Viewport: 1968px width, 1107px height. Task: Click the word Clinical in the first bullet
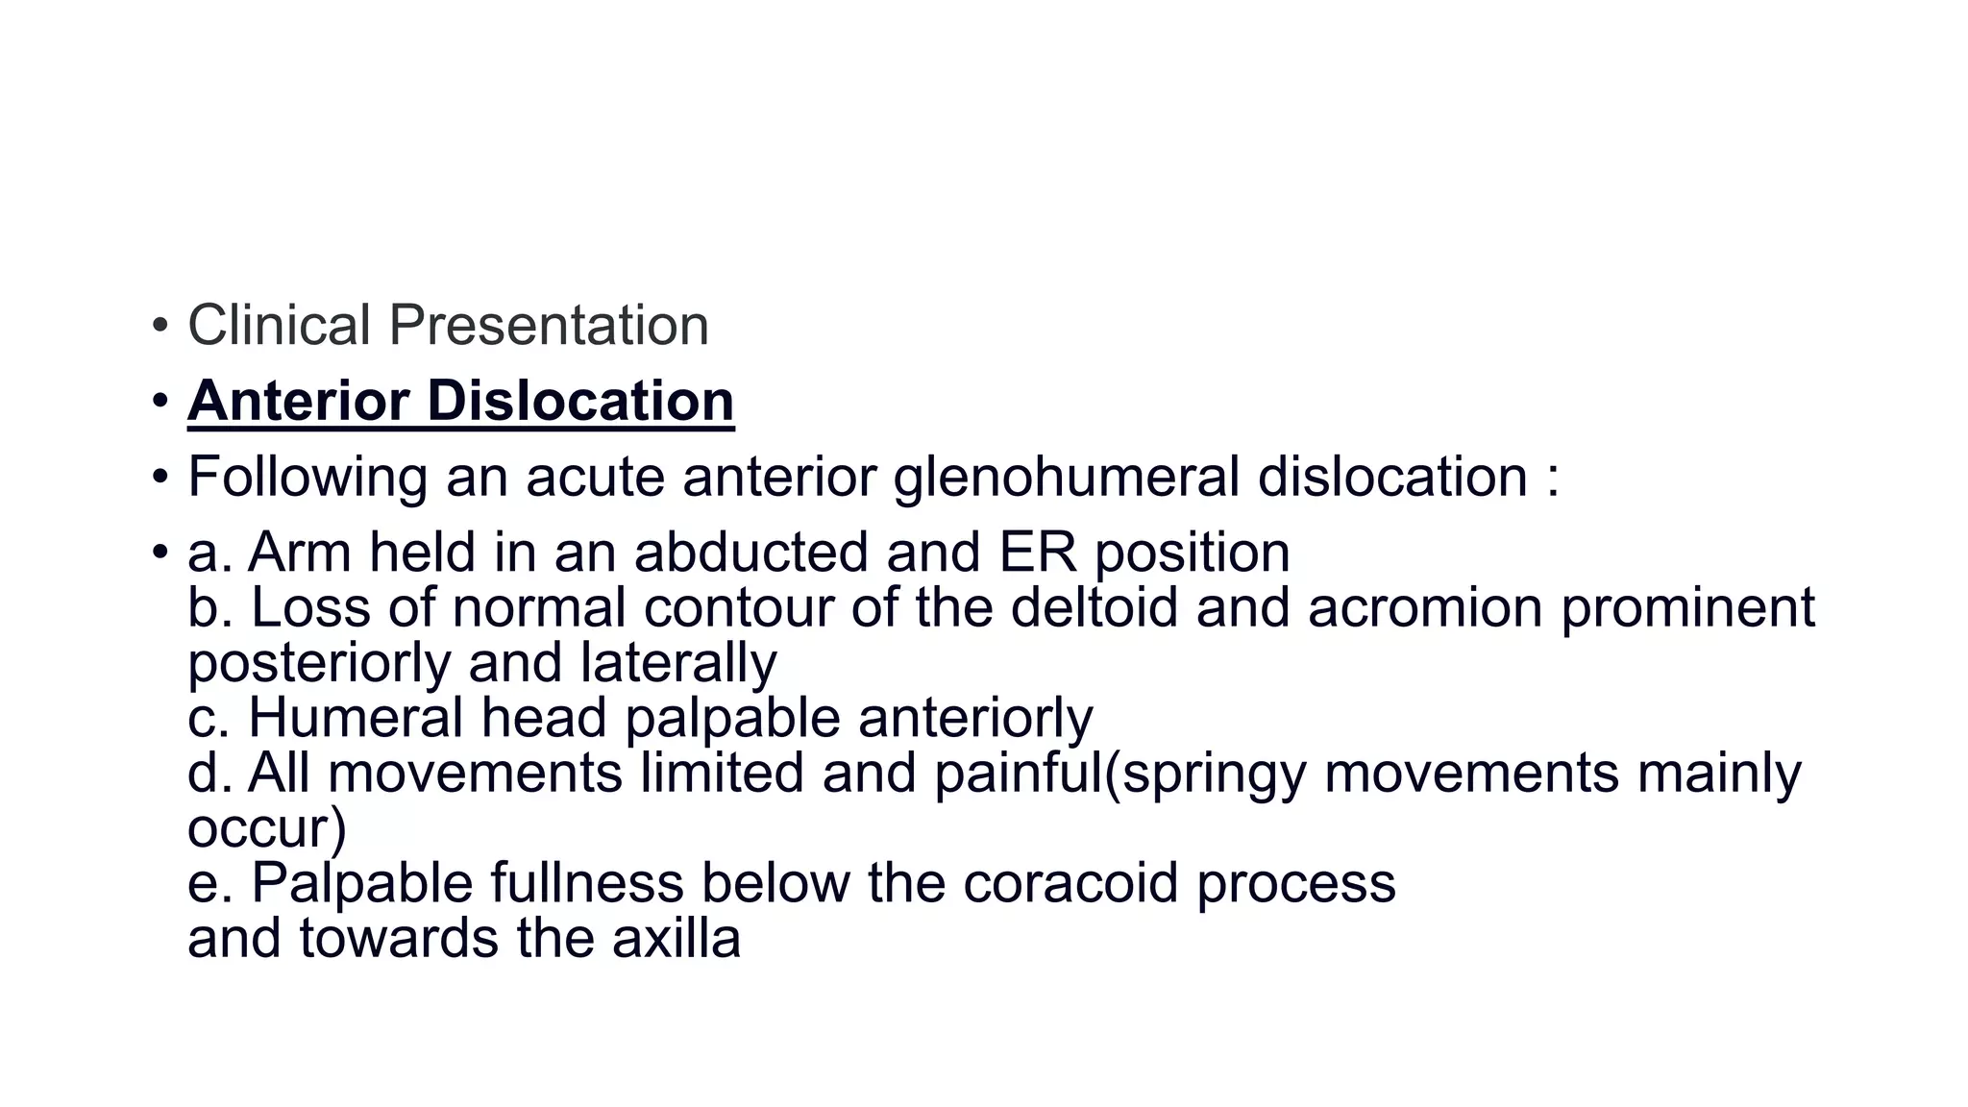pos(279,325)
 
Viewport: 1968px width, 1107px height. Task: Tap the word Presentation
pos(549,325)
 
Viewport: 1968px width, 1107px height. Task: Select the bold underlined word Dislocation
pos(580,400)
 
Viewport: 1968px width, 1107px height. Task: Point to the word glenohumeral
pos(1067,477)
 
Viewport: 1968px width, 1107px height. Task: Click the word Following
pos(307,477)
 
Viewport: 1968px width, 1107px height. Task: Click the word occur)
pos(266,828)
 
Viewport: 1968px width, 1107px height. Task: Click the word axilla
pos(676,938)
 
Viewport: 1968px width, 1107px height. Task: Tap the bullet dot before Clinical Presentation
pos(160,326)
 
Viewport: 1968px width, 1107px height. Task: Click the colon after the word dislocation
pos(1553,479)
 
